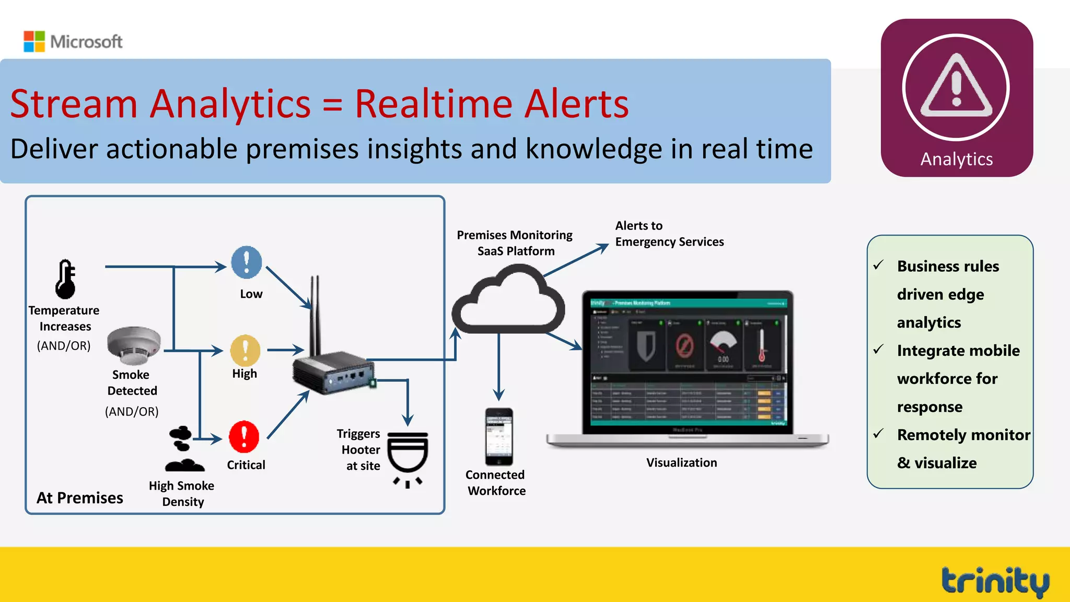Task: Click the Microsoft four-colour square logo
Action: coord(34,41)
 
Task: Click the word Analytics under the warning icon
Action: coord(956,159)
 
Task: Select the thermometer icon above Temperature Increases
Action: coord(66,279)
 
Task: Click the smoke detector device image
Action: coord(134,345)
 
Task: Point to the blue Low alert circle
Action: coord(247,262)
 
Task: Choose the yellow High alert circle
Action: coord(245,350)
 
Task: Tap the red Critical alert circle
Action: coord(244,436)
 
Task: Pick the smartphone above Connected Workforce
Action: coord(499,436)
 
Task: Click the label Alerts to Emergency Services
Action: coord(669,234)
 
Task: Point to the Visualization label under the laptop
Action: coord(681,462)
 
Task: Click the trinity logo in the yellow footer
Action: coord(995,581)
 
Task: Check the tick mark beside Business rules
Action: coord(879,265)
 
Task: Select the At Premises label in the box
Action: coord(80,497)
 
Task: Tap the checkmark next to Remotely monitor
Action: coord(879,434)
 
